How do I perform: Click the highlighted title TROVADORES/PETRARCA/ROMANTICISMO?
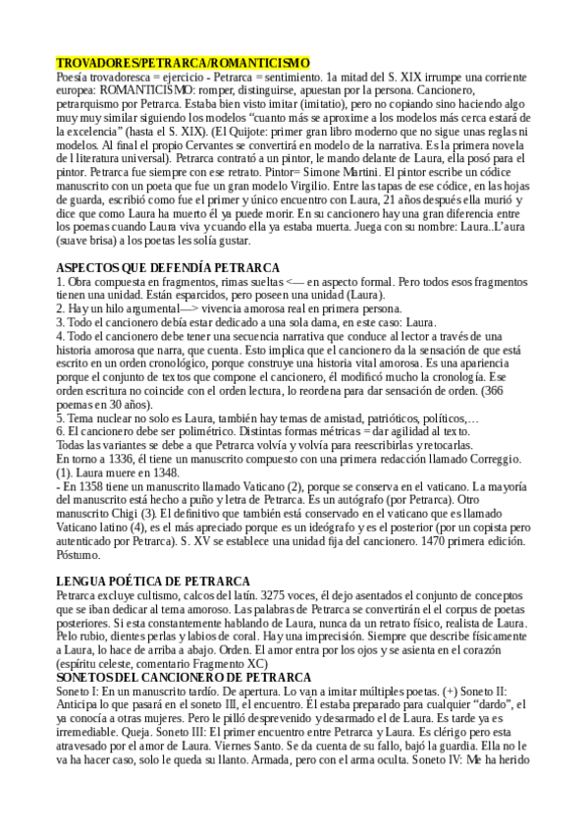coord(183,62)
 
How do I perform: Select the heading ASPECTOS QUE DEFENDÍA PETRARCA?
coord(168,268)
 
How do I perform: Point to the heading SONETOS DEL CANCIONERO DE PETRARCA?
coord(184,678)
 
